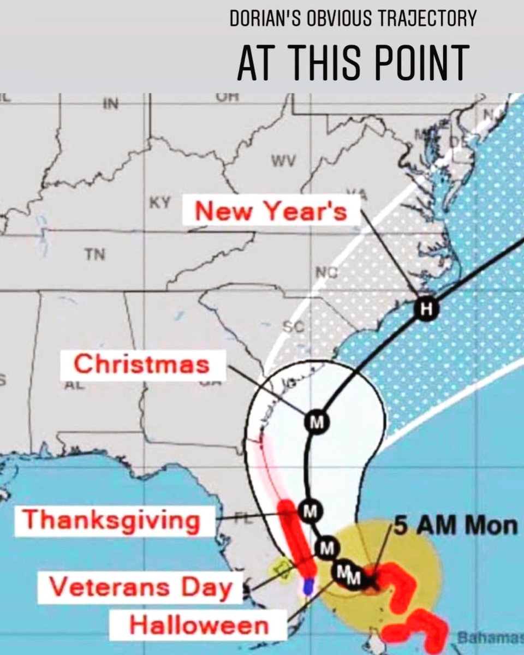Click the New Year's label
271,210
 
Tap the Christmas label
142,364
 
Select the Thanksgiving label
111,520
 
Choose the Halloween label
199,626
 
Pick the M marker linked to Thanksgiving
309,511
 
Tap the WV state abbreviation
283,161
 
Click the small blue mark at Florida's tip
308,587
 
